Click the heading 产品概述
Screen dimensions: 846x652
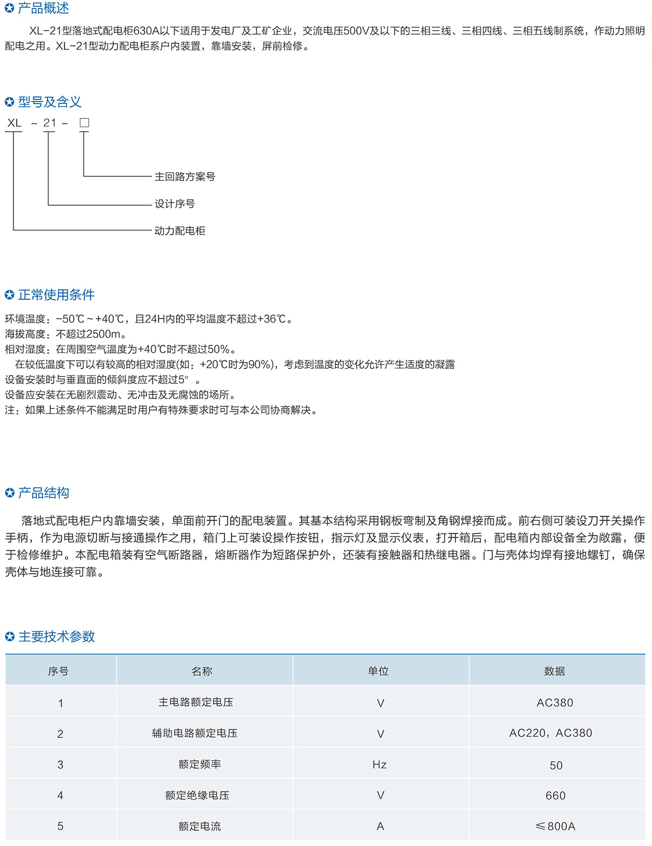pos(43,8)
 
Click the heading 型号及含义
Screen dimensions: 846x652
pos(49,102)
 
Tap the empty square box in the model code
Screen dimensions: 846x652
pos(84,123)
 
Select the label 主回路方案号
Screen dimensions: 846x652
pos(185,176)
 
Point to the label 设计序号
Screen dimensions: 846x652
pos(175,203)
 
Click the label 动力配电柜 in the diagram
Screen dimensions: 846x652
pos(180,231)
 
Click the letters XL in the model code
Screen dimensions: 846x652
pos(14,123)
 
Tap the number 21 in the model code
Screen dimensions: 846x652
pos(50,123)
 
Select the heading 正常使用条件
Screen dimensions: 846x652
pos(56,295)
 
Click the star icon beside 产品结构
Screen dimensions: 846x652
pos(10,493)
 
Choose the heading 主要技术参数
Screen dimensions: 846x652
pos(57,637)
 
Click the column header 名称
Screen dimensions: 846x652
pos(202,671)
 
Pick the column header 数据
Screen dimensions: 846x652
pos(554,671)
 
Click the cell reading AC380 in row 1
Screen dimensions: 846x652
pos(555,703)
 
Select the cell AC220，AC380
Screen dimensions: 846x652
pos(551,733)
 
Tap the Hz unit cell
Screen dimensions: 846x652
pos(380,764)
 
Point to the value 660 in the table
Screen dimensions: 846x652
pos(555,795)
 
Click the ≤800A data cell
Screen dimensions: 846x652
pos(555,826)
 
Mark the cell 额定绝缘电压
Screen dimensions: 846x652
pos(197,795)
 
